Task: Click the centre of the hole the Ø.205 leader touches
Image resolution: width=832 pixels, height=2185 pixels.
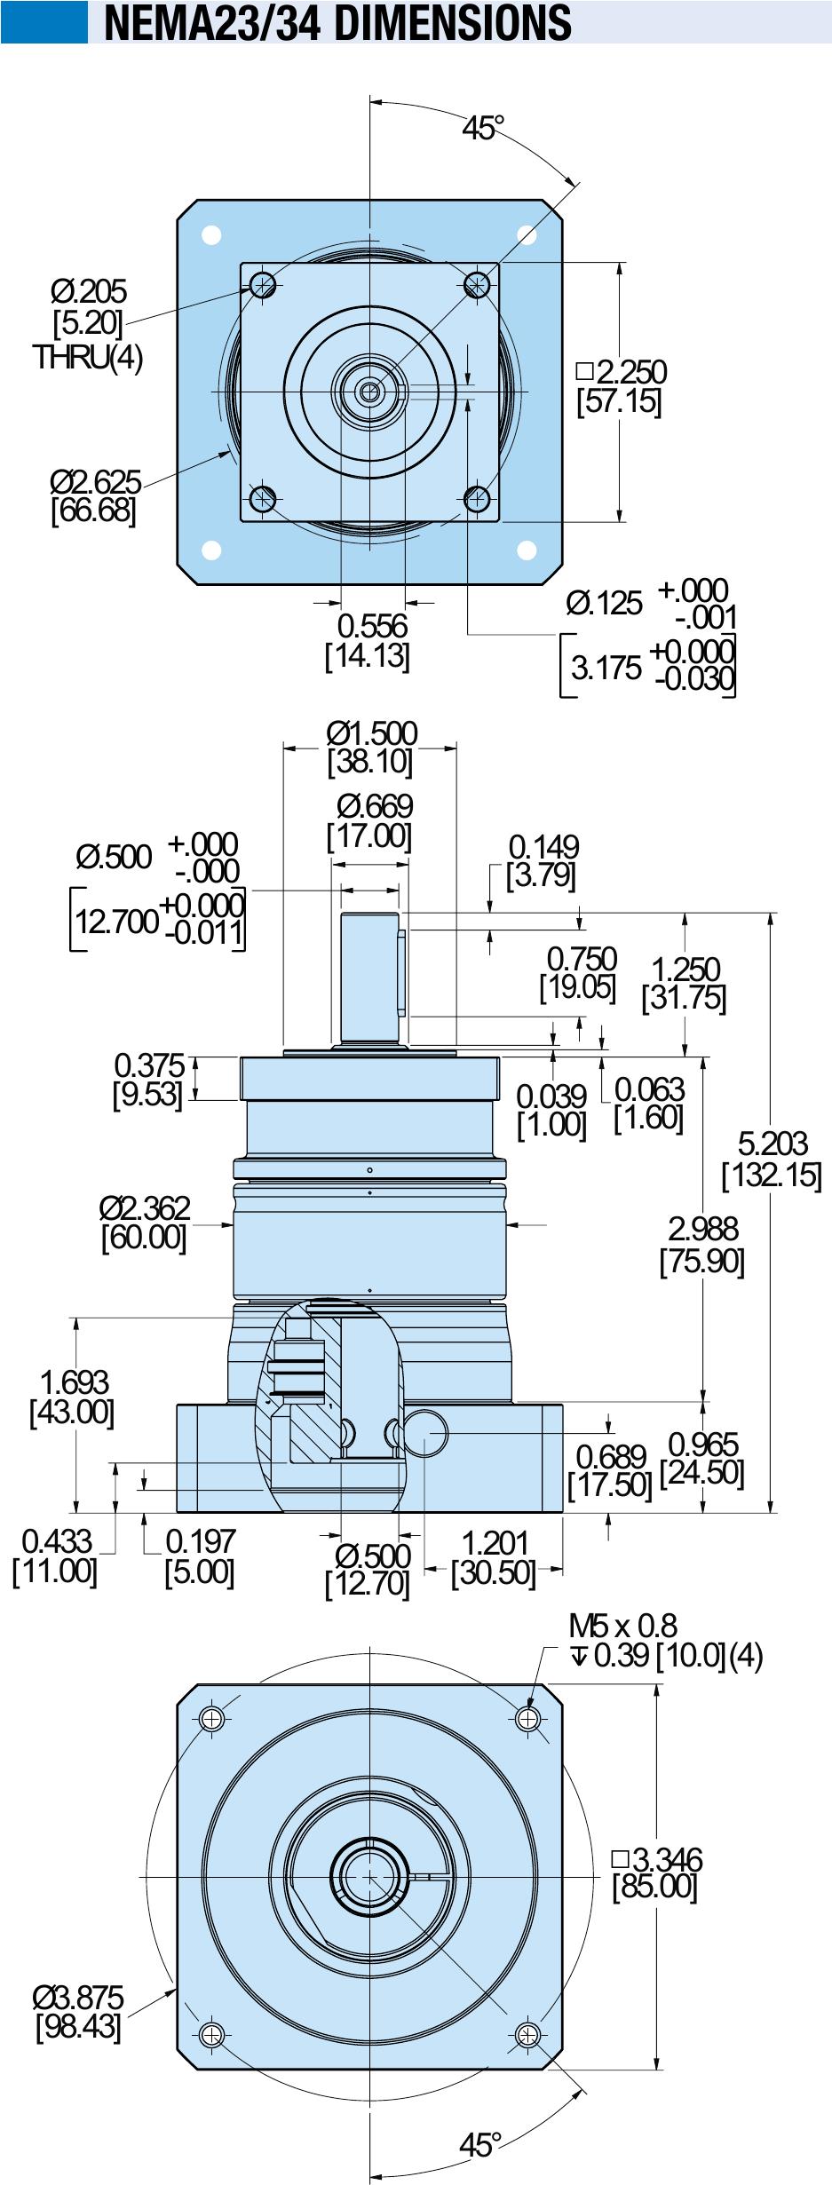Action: [x=263, y=285]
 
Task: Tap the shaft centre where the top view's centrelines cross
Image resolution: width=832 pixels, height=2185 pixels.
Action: [x=369, y=391]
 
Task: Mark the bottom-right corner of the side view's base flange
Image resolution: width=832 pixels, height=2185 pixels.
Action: [x=563, y=1512]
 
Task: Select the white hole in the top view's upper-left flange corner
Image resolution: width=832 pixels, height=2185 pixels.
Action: [x=211, y=235]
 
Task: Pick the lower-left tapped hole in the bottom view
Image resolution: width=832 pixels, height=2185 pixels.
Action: [x=211, y=2031]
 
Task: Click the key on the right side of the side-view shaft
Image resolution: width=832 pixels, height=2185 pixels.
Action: [x=402, y=973]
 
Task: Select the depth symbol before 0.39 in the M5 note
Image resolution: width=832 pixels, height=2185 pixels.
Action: [x=578, y=1656]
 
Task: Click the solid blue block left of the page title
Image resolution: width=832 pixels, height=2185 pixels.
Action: [x=44, y=21]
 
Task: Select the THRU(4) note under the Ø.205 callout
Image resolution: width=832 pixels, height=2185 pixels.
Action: [x=88, y=357]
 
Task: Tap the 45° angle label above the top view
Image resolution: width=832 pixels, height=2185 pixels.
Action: [x=482, y=129]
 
